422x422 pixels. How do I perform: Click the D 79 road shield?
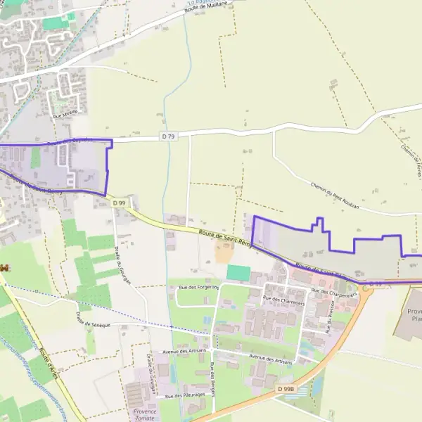(x=168, y=136)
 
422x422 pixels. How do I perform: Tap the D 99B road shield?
(x=286, y=389)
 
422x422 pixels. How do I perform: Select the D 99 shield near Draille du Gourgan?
(x=119, y=203)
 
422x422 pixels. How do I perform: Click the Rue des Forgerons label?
(x=200, y=287)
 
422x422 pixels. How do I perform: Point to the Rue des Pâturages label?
(x=184, y=395)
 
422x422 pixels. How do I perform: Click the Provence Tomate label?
(x=145, y=414)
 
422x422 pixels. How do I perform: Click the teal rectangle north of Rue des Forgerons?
(x=238, y=272)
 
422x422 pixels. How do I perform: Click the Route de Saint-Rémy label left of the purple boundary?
(x=225, y=237)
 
